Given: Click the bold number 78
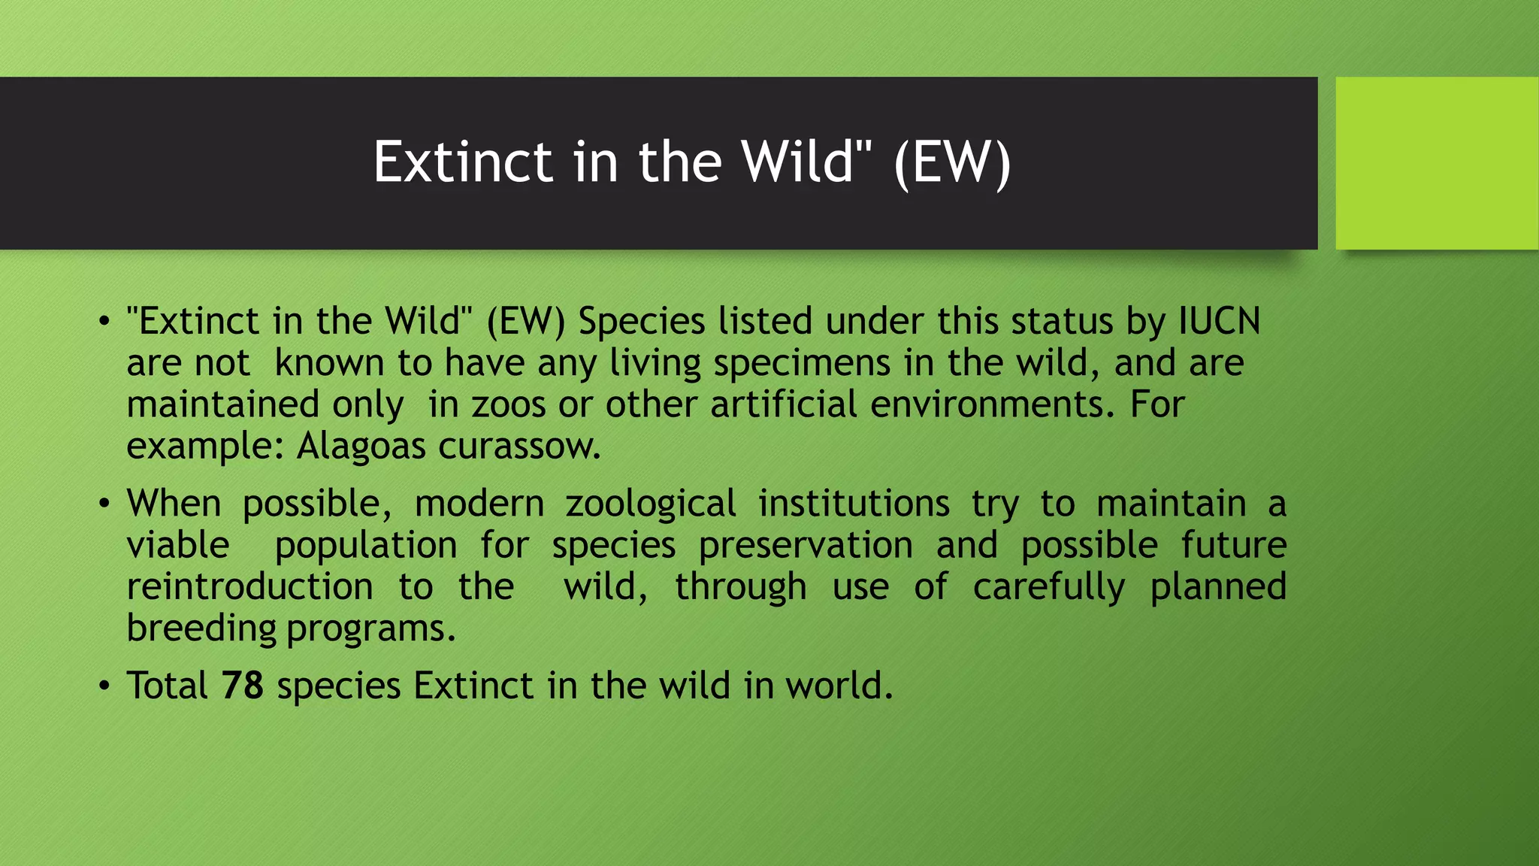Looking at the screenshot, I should tap(242, 686).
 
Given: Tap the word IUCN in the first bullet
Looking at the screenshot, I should tap(1219, 322).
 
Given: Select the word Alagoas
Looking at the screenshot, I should tap(361, 447).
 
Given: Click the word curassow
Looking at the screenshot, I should tap(519, 447).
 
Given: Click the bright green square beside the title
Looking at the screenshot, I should tap(1436, 163).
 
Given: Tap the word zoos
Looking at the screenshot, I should tap(508, 404).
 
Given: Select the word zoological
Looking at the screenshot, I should tap(651, 504).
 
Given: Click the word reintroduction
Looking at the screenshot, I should tap(249, 587).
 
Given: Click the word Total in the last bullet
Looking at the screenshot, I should tap(167, 686).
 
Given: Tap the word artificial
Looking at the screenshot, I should tap(783, 404).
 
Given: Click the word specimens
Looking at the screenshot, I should tap(802, 363).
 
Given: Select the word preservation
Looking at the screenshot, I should tap(806, 545).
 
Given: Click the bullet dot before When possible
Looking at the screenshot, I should tap(104, 504).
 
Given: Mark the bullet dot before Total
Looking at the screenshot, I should tap(104, 686).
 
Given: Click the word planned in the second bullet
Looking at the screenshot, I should tap(1218, 587).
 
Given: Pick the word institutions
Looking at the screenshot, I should tap(854, 504).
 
